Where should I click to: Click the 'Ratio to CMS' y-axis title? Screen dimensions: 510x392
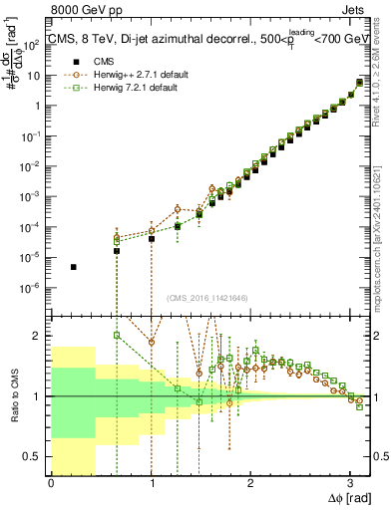pyautogui.click(x=12, y=396)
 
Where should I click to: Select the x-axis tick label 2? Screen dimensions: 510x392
pyautogui.click(x=250, y=483)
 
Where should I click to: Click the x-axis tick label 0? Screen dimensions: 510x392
pyautogui.click(x=51, y=483)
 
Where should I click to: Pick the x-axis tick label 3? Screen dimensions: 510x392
pyautogui.click(x=350, y=483)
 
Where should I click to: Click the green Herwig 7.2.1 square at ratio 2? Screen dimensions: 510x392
pyautogui.click(x=117, y=336)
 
